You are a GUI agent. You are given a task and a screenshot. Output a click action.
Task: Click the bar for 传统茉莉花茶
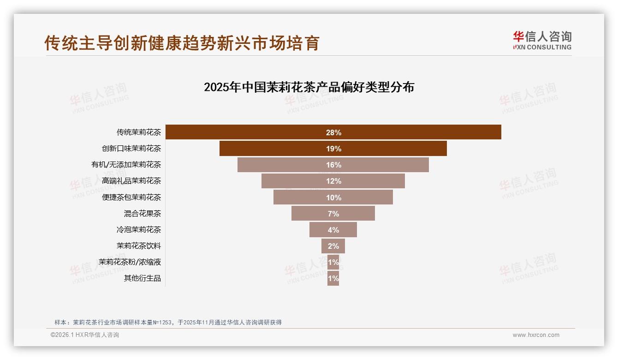pos(415,132)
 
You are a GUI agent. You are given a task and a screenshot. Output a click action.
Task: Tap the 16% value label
pos(333,165)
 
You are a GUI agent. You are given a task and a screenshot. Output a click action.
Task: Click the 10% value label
pos(333,198)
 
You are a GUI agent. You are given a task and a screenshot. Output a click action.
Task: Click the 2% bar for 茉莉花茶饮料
pos(333,246)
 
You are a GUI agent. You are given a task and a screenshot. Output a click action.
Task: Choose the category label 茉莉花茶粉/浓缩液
pos(130,262)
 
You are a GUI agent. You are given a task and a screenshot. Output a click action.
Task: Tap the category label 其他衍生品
pos(142,278)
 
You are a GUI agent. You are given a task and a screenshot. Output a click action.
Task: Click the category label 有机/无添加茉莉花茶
pos(126,165)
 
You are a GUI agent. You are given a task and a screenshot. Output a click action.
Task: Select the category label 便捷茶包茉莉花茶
pos(131,198)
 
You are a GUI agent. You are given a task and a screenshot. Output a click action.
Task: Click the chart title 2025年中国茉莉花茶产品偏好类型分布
pos(309,87)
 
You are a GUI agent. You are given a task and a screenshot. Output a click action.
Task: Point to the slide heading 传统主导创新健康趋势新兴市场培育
pos(182,43)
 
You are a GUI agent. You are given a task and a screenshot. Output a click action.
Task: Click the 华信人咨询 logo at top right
pos(542,40)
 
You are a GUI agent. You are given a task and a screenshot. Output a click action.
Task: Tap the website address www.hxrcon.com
pos(536,335)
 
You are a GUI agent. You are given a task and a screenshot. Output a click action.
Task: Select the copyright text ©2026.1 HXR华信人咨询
pos(85,335)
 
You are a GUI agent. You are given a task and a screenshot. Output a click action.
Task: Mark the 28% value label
pos(333,132)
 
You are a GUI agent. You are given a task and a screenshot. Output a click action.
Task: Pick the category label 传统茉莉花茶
pos(138,132)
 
